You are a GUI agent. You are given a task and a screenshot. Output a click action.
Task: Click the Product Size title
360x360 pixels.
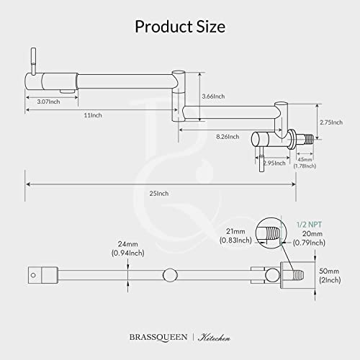coord(180,27)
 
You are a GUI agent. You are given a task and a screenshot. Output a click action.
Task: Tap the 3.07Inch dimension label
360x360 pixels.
coord(43,103)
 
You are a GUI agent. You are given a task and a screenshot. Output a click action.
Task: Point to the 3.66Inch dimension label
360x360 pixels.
coord(214,96)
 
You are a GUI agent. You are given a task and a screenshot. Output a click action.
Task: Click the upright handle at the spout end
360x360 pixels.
coord(32,60)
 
